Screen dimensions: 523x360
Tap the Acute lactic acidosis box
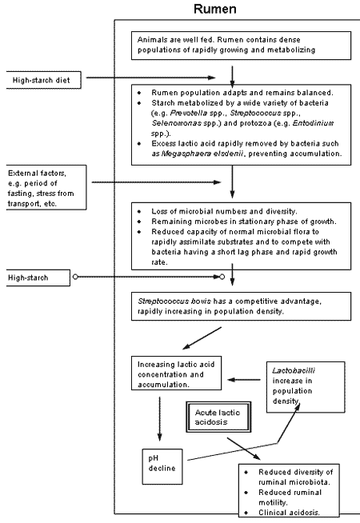coord(218,416)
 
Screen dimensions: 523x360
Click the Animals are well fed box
coord(232,45)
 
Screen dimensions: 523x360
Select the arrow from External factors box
coord(160,182)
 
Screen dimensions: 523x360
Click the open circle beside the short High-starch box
coord(74,277)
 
